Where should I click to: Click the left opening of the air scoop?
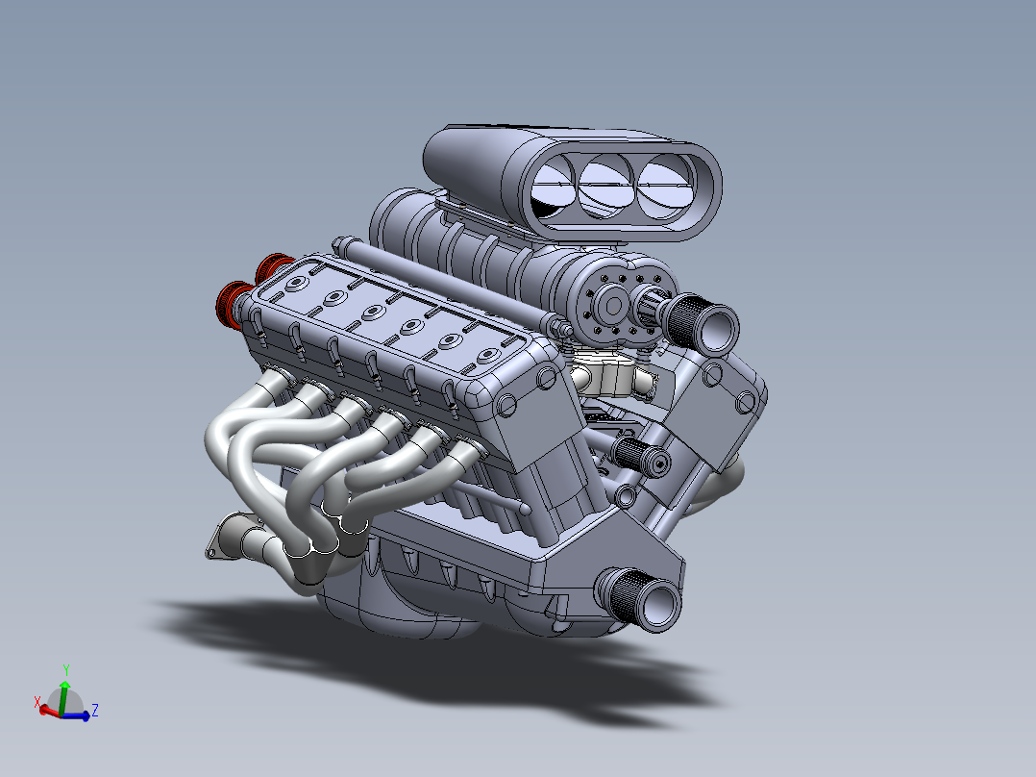pyautogui.click(x=552, y=189)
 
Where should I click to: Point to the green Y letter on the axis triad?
pyautogui.click(x=65, y=668)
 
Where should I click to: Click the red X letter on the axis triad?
pyautogui.click(x=37, y=704)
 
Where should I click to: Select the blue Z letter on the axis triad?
pyautogui.click(x=95, y=711)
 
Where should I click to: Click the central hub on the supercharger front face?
pyautogui.click(x=609, y=307)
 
